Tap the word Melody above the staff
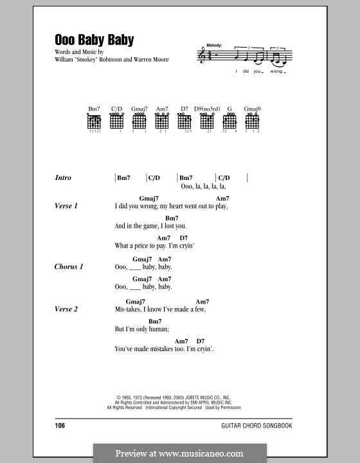point(215,46)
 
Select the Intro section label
point(63,178)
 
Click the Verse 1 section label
point(66,206)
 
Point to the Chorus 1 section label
point(69,267)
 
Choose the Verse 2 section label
point(66,309)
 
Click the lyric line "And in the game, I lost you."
point(150,226)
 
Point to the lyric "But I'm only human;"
point(141,329)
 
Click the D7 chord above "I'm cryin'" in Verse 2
point(200,341)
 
